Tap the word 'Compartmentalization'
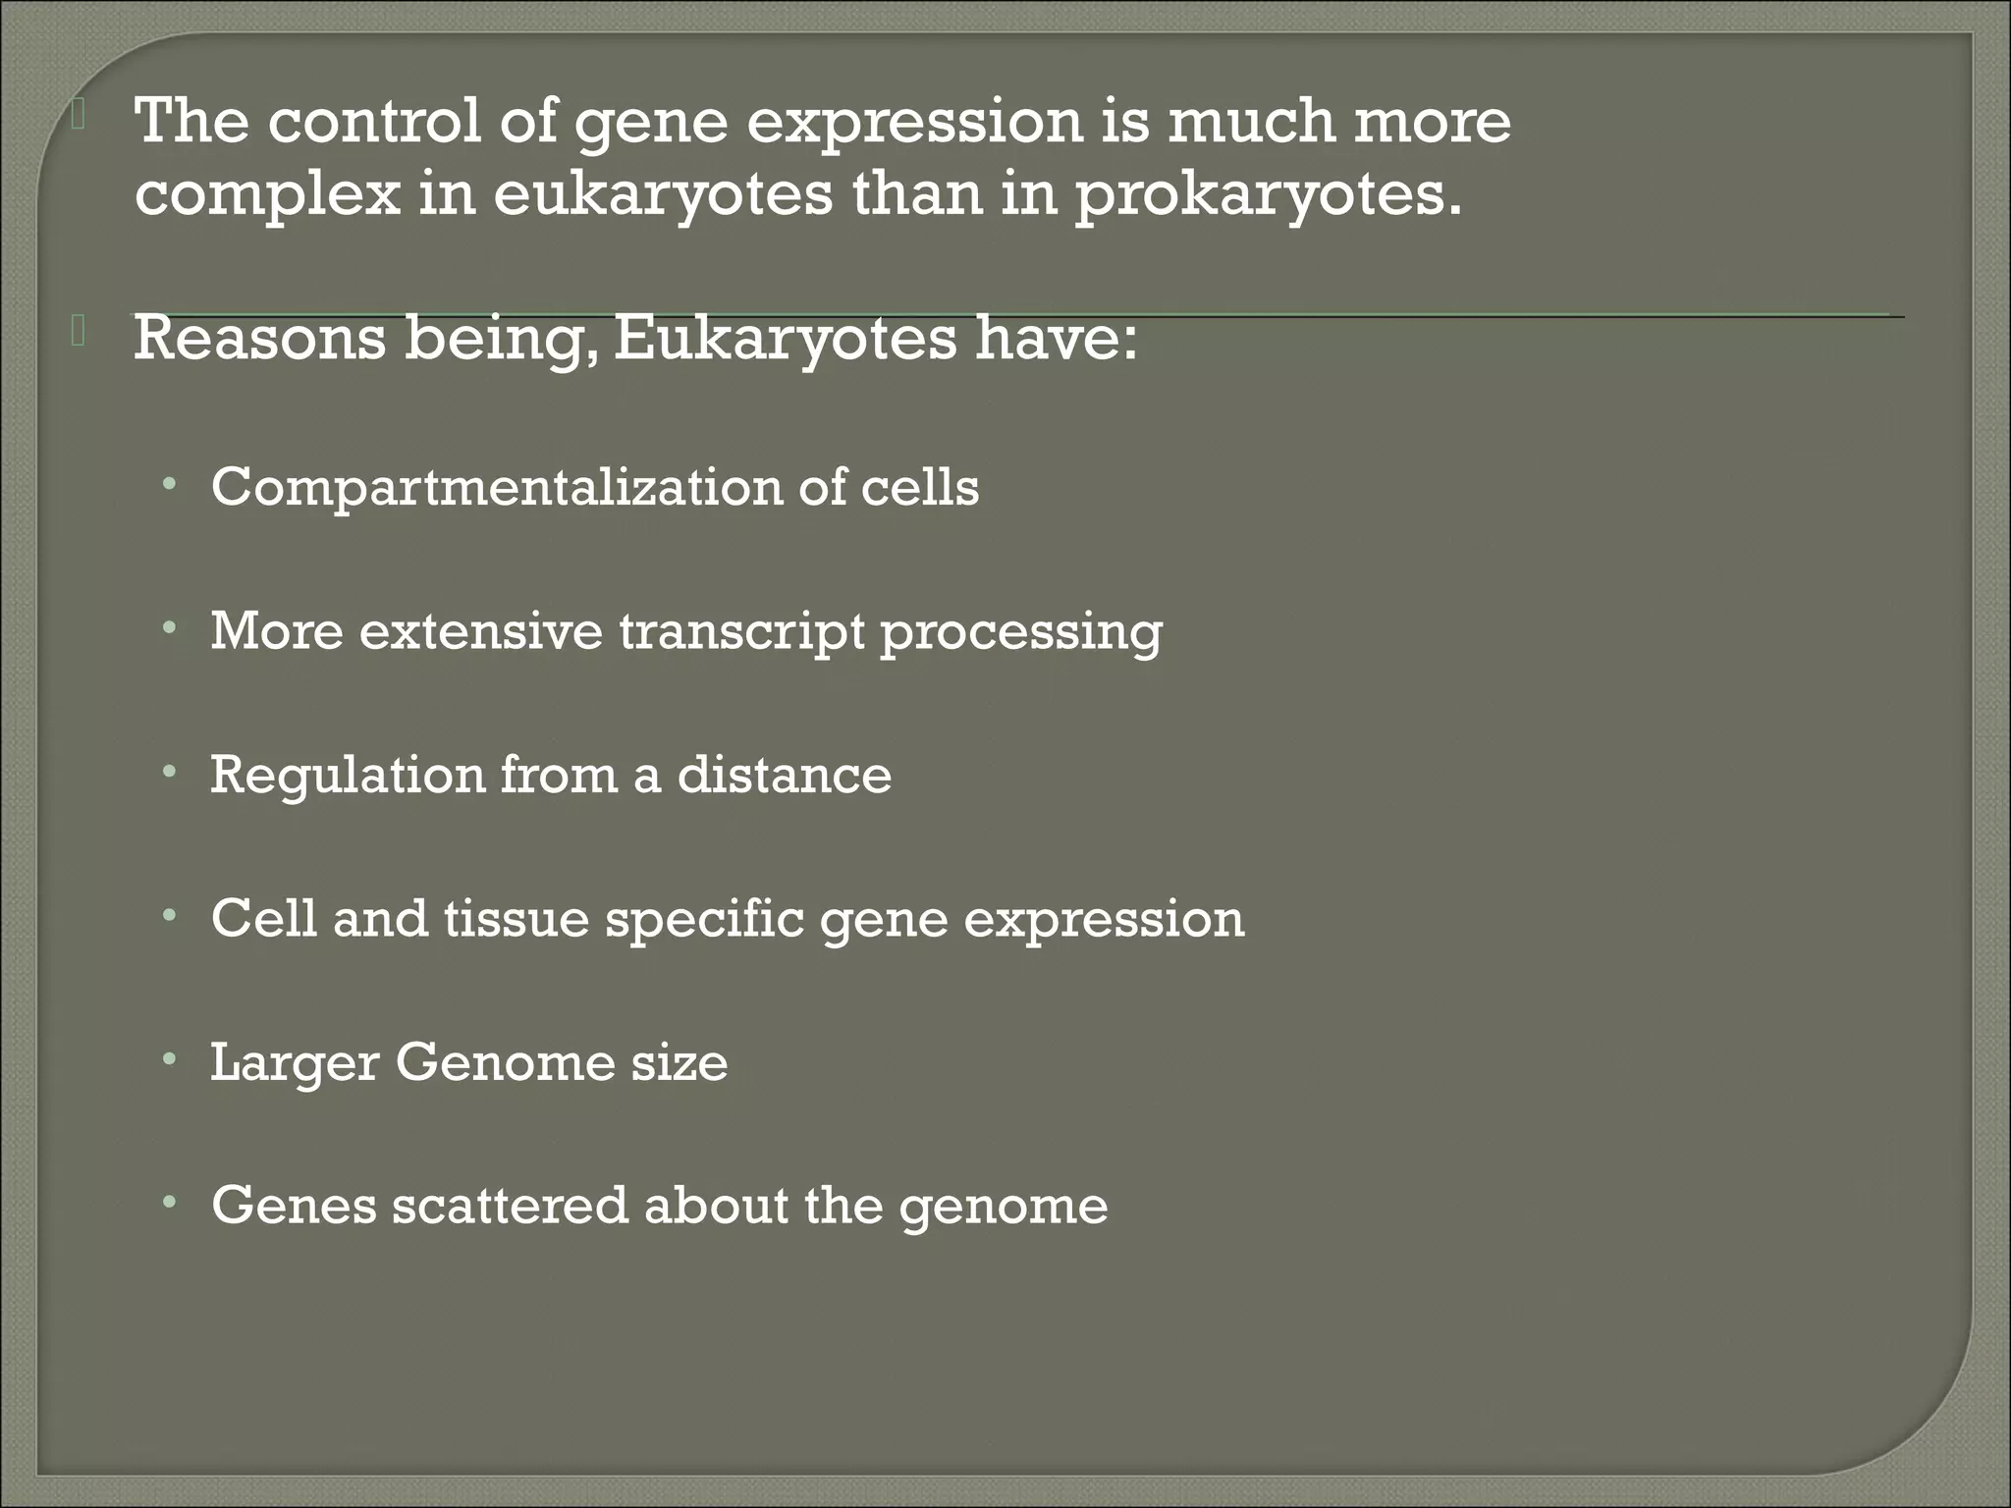497,487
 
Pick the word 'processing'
1021,630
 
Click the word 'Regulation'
348,775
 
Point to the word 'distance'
785,775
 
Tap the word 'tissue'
516,919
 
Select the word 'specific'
705,919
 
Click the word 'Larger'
295,1063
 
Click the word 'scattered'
510,1206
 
